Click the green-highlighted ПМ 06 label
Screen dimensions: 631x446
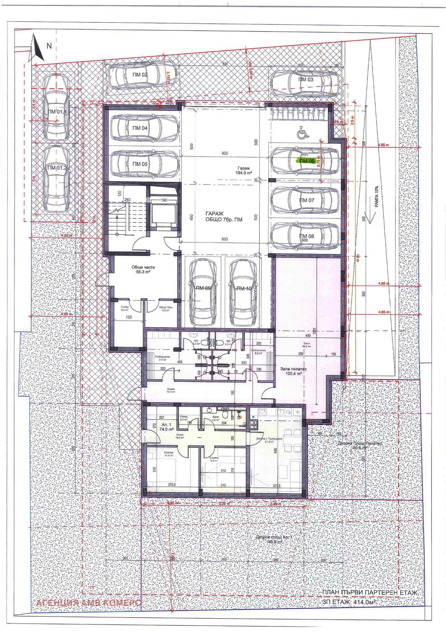307,161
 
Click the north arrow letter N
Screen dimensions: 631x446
49,46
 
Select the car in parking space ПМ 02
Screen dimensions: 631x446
142,75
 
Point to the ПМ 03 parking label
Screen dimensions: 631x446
306,80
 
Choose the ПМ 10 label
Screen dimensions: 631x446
244,289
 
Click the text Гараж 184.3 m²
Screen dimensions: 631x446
244,171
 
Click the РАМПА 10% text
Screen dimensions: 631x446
377,197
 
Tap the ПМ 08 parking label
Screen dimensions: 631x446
307,236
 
